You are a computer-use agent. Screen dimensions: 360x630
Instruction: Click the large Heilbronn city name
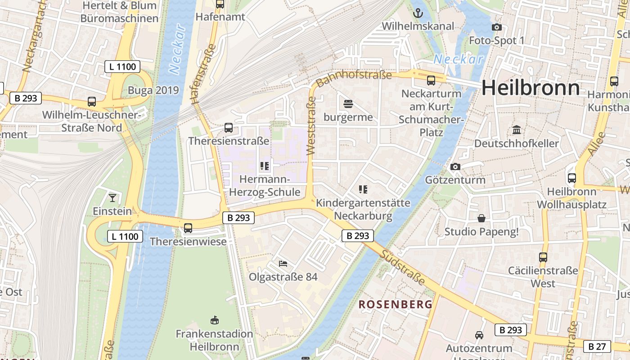coord(531,87)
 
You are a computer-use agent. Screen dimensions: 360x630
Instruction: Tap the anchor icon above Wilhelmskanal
coord(418,13)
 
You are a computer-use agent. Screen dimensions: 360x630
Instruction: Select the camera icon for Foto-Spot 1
coord(497,27)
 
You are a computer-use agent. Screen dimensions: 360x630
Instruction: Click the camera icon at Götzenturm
coord(455,167)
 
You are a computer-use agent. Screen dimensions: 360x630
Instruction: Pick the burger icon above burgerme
coord(348,104)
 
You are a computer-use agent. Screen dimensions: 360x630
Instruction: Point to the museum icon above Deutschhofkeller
coord(517,130)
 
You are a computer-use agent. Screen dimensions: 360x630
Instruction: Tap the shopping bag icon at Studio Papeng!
coord(481,219)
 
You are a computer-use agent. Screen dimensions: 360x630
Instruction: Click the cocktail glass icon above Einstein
coord(112,198)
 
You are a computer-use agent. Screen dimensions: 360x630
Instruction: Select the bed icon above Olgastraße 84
coord(283,263)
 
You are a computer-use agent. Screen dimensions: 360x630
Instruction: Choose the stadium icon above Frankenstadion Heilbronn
coord(215,320)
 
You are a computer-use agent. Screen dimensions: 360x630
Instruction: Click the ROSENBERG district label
coord(395,304)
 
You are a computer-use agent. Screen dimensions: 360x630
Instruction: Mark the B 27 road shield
coord(597,346)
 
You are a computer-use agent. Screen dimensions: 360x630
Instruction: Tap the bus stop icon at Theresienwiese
coord(188,228)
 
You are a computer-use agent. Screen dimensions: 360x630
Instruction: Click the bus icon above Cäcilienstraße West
coord(543,257)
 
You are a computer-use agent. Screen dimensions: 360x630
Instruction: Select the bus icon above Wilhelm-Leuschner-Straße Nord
coord(92,102)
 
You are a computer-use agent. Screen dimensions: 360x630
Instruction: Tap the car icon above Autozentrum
coord(479,335)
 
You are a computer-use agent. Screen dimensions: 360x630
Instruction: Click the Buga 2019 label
coord(153,90)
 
